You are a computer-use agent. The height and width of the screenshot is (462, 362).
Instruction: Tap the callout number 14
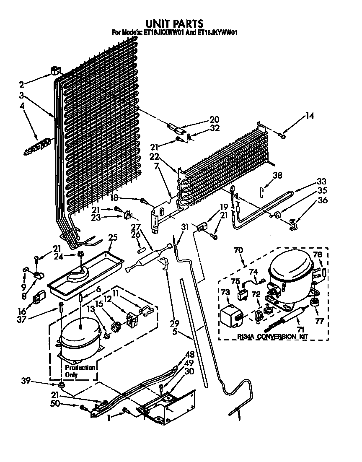[309, 115]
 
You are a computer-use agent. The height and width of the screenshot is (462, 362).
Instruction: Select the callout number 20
[214, 119]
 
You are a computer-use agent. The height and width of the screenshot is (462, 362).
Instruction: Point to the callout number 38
[277, 175]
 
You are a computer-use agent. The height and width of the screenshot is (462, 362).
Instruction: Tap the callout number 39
[26, 380]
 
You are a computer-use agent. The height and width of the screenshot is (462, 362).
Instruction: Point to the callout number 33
[321, 182]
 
